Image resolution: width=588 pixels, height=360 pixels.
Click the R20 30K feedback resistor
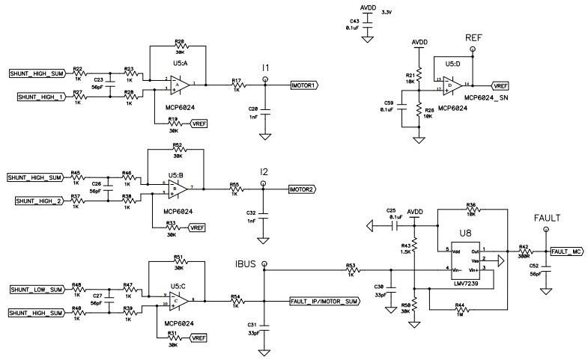point(179,46)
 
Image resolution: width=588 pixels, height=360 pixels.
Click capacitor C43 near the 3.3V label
point(368,23)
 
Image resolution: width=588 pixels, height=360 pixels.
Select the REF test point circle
point(473,49)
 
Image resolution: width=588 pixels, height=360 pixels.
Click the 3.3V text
point(387,13)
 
